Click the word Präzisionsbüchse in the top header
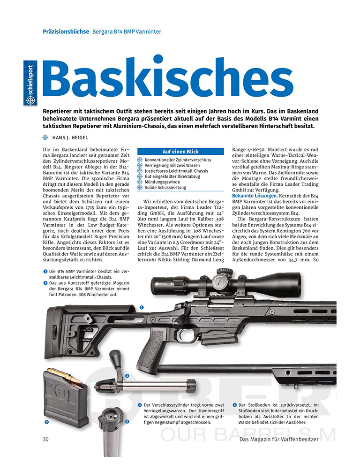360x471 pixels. pyautogui.click(x=66, y=31)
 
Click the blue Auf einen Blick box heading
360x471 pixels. pyautogui.click(x=180, y=152)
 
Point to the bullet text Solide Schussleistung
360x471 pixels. pyautogui.click(x=165, y=187)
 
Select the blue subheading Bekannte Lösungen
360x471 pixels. pyautogui.click(x=253, y=195)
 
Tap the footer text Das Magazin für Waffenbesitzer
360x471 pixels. pyautogui.click(x=278, y=439)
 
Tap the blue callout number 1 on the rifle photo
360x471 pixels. pyautogui.click(x=141, y=307)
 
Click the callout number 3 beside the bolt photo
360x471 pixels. pyautogui.click(x=127, y=375)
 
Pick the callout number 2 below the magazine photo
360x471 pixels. pyautogui.click(x=46, y=422)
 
